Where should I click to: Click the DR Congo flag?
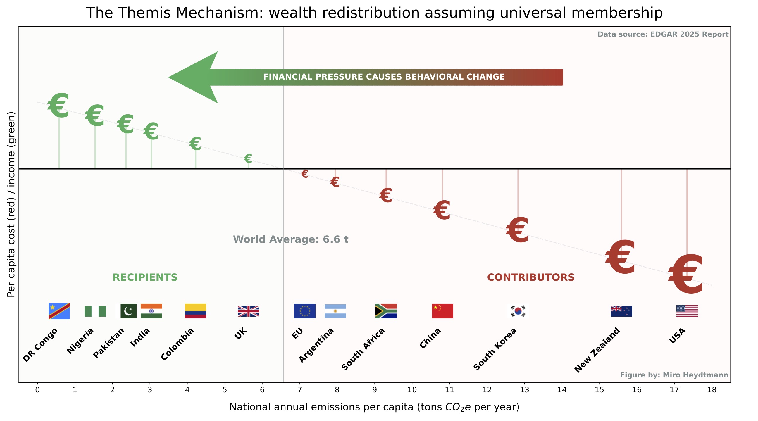[59, 311]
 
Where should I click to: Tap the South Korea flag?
[518, 311]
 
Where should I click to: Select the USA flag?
[687, 311]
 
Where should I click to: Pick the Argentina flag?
[335, 311]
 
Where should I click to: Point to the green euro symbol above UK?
[248, 158]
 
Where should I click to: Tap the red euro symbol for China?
[442, 210]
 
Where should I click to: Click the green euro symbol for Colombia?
[195, 144]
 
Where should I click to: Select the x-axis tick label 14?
[562, 390]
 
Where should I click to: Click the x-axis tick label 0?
[37, 390]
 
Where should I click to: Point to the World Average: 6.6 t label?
[290, 239]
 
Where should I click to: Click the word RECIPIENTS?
[145, 277]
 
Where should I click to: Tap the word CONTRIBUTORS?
[530, 277]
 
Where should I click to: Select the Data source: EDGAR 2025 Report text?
[663, 34]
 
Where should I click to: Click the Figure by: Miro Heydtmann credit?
[674, 375]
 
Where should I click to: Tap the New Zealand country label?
[597, 350]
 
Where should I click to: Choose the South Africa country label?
[363, 349]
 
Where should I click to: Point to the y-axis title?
[11, 204]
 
